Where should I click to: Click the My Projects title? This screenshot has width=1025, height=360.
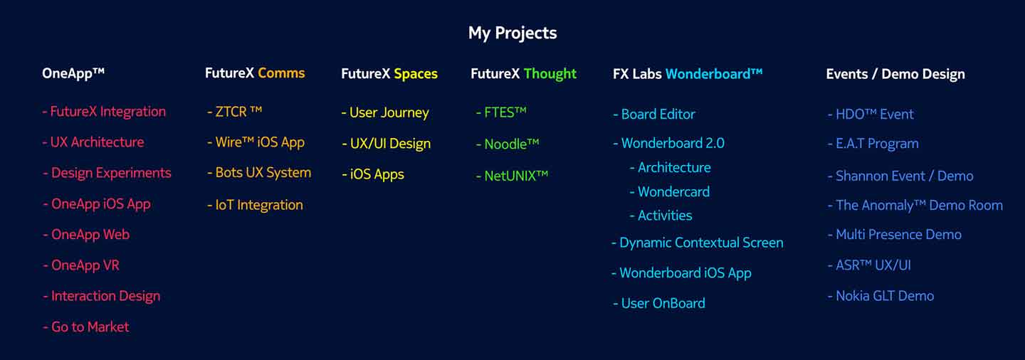(x=512, y=33)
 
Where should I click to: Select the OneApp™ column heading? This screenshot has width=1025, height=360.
(x=73, y=74)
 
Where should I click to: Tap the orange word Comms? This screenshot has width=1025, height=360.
(x=281, y=73)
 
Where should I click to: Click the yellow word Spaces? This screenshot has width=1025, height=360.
(x=416, y=75)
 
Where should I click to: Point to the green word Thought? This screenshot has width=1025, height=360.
(x=550, y=74)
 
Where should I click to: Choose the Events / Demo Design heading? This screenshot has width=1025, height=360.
(x=895, y=75)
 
